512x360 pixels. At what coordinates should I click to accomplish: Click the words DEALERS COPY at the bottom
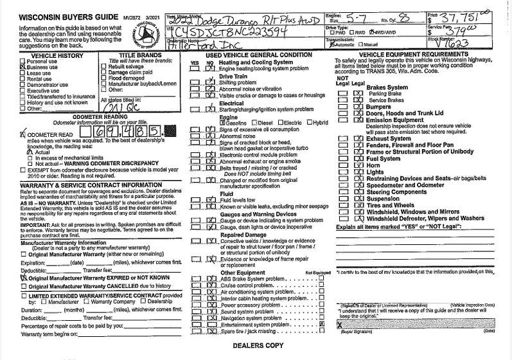click(254, 345)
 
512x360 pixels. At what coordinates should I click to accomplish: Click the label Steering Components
click(396, 191)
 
